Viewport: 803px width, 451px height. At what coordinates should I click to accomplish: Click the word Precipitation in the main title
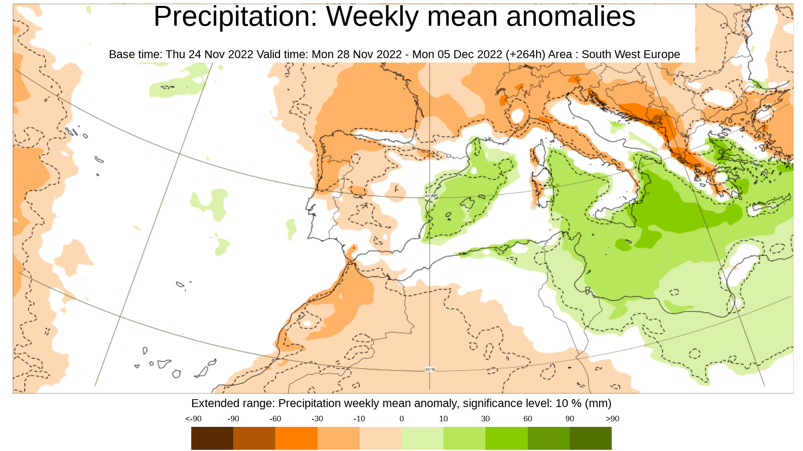click(236, 17)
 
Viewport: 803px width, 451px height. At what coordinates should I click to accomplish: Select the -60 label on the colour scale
click(275, 419)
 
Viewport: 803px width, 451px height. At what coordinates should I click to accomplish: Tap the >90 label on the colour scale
click(612, 419)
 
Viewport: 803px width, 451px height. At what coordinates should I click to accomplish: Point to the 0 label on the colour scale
click(401, 419)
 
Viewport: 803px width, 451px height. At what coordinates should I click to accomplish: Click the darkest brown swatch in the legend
click(212, 438)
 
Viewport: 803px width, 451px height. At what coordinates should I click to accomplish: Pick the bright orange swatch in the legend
click(296, 438)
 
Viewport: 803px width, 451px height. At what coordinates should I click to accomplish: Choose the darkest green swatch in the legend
click(591, 438)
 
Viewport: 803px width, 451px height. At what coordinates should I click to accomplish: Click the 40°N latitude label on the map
click(430, 196)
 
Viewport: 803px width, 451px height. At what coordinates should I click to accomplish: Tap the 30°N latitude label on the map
click(430, 369)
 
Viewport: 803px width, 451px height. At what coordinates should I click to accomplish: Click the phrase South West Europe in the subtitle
click(630, 54)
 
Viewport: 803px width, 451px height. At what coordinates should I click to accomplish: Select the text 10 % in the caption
click(568, 403)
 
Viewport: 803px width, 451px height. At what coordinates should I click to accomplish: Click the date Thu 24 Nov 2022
click(209, 54)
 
